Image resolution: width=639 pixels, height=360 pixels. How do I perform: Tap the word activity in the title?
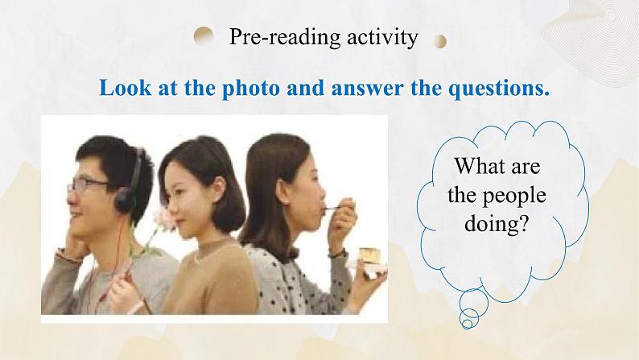tap(382, 38)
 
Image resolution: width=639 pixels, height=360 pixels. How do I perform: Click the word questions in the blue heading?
tap(499, 88)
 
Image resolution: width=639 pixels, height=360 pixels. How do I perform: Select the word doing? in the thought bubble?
tap(497, 223)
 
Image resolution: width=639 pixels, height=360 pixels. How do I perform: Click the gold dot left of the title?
tap(204, 36)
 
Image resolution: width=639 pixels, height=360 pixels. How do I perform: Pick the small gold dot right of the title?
tap(439, 41)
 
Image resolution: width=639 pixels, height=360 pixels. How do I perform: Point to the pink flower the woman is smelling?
tap(164, 218)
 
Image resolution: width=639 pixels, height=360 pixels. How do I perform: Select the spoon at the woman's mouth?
tap(332, 209)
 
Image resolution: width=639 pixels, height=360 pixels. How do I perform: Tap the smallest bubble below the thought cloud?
tap(468, 324)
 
